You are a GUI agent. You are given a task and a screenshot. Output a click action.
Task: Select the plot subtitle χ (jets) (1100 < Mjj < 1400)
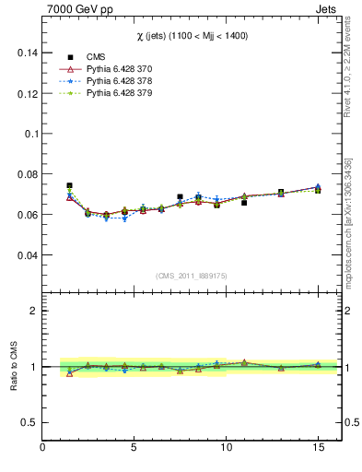tap(192, 35)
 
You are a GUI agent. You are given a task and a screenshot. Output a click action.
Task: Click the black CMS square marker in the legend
tap(70, 57)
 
